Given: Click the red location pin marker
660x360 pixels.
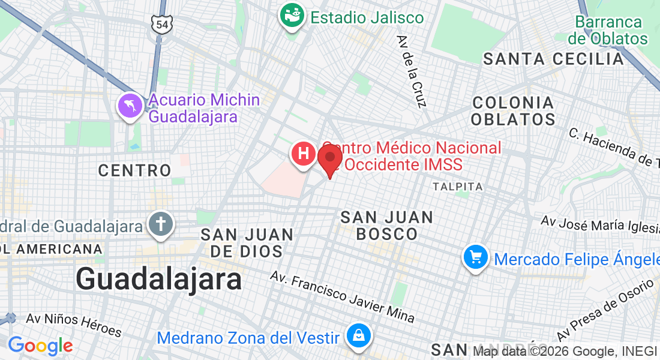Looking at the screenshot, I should (x=330, y=159).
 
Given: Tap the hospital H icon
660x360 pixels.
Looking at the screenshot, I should (x=304, y=154).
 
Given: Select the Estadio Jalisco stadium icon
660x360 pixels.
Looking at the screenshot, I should (x=293, y=16).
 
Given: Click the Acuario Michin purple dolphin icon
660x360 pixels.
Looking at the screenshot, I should (x=130, y=107).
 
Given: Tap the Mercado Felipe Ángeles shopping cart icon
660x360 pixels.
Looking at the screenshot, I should (x=476, y=258).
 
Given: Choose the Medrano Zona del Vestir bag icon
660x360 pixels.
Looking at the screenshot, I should (x=359, y=337).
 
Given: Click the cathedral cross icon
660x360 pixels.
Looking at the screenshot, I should (x=160, y=226).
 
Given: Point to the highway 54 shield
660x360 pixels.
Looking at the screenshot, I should (x=162, y=24).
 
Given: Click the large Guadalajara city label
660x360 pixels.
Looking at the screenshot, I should (x=159, y=280).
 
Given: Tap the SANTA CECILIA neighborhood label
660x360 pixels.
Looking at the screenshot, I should (x=554, y=59).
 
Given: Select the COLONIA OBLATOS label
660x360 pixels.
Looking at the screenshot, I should (x=513, y=111).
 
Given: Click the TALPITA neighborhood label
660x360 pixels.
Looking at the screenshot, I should (x=458, y=187).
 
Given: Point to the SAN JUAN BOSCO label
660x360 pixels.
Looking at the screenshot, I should (x=387, y=226).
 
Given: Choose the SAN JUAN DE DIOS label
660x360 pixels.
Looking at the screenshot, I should (x=247, y=242).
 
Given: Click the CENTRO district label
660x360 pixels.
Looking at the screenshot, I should (x=135, y=171).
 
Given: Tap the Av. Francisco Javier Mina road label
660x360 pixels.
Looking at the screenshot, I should (x=342, y=296).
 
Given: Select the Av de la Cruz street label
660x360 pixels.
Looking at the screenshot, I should (x=411, y=71).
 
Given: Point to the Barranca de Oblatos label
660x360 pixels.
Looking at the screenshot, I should (x=608, y=31).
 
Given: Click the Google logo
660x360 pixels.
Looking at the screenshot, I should (x=40, y=346).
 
